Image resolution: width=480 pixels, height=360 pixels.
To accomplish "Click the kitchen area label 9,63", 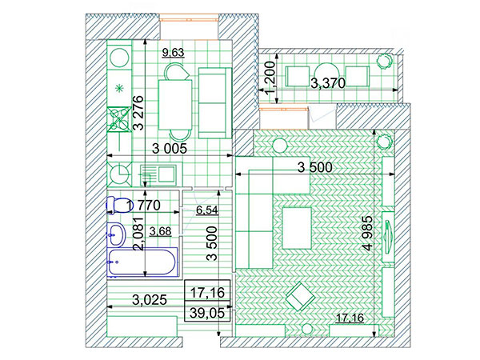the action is tap(174, 52).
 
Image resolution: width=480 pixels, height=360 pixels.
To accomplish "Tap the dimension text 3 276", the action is tap(138, 113).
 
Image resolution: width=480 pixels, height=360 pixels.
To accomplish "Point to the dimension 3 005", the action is tap(170, 149).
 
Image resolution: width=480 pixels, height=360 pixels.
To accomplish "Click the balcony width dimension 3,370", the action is tap(328, 83).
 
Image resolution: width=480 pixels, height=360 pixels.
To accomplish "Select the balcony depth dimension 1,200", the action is tap(270, 78).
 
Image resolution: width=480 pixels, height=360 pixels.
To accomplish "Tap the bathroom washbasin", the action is tap(116, 234).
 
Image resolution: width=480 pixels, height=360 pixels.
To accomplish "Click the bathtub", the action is tap(142, 262).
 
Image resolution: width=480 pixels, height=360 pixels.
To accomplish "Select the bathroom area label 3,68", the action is tap(161, 231).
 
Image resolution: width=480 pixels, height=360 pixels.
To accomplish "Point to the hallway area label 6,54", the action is tap(207, 210).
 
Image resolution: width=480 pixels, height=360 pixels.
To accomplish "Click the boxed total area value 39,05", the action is tap(207, 313).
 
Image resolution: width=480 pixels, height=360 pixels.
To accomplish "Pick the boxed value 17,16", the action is tap(207, 293).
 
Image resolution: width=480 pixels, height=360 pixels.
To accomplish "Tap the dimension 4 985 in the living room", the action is tap(368, 234).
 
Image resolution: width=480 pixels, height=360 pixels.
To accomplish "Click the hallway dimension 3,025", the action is tap(150, 300).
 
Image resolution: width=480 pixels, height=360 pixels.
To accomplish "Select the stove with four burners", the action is tap(119, 119).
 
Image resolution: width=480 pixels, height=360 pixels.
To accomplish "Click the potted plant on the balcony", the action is tap(384, 61).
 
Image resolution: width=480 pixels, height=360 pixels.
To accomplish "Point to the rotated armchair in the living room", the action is tap(300, 296).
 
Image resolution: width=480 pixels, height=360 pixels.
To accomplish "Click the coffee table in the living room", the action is tap(297, 228).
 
